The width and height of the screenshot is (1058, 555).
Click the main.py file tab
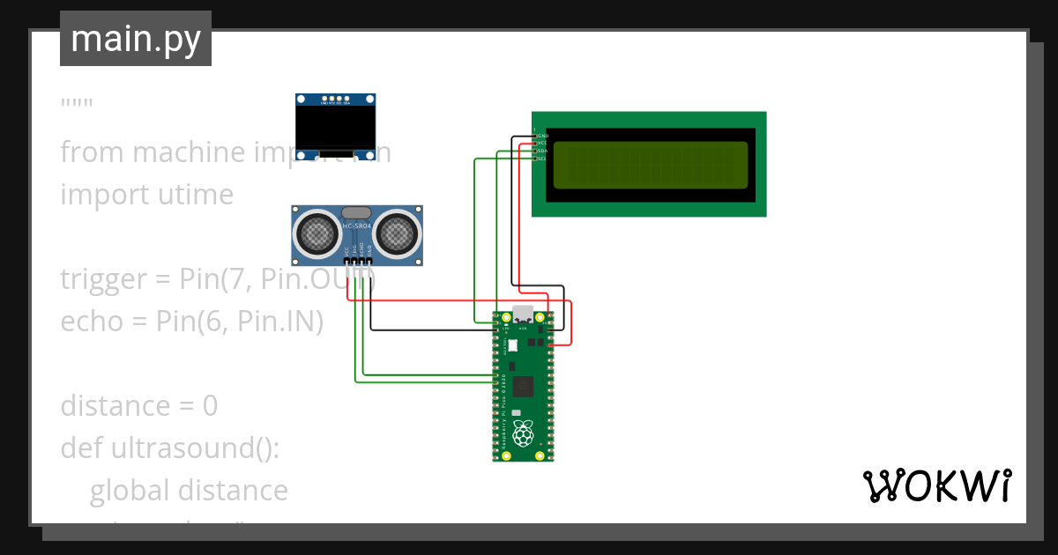click(135, 39)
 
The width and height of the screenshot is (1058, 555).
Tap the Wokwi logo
click(935, 485)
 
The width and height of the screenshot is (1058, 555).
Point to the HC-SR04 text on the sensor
click(357, 228)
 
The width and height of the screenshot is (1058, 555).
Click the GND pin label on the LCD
click(543, 137)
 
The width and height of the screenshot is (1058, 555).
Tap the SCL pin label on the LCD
click(542, 159)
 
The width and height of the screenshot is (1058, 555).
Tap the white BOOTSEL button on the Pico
click(513, 347)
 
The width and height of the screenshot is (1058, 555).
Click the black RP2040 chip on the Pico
click(524, 385)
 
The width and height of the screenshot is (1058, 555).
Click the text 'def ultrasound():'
click(169, 448)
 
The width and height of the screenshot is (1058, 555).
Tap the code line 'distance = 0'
click(138, 406)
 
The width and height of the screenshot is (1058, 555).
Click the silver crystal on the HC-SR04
click(356, 212)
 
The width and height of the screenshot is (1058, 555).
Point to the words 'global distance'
click(189, 491)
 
